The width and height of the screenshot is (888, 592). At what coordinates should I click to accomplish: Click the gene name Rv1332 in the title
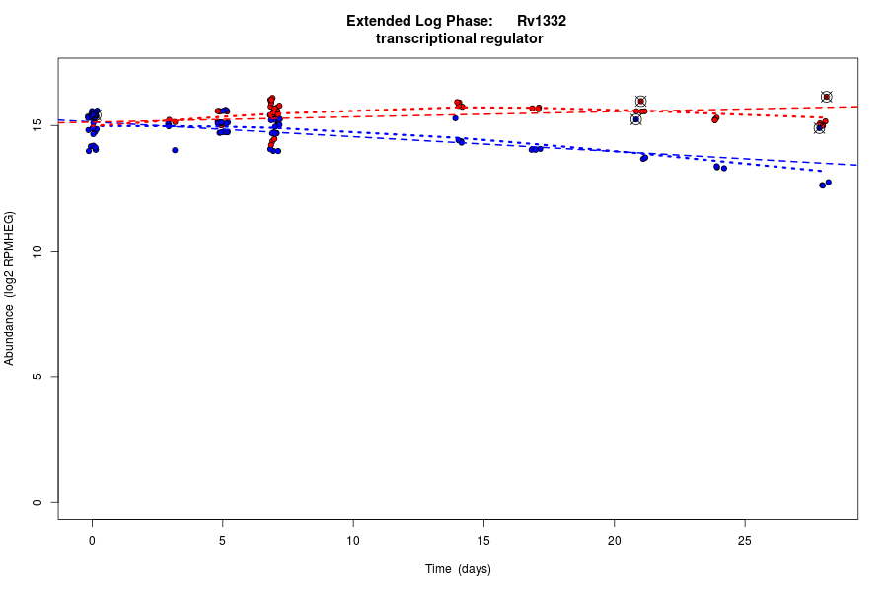(x=541, y=21)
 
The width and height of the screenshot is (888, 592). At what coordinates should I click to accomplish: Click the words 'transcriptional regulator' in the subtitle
(x=459, y=39)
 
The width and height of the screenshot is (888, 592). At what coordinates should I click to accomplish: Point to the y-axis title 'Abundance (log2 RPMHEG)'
(x=10, y=288)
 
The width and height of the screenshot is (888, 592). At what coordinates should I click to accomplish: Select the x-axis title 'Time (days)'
(x=458, y=569)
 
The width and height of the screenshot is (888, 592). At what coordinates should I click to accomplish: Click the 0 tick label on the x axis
(x=92, y=541)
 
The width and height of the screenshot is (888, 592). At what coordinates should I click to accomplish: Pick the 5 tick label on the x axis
(x=222, y=541)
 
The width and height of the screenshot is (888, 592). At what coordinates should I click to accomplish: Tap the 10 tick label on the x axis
(x=353, y=541)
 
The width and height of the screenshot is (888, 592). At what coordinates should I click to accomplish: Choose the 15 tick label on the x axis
(x=483, y=541)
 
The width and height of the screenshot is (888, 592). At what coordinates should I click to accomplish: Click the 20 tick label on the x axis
(x=614, y=541)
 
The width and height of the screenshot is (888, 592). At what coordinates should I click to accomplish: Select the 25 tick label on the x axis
(x=745, y=541)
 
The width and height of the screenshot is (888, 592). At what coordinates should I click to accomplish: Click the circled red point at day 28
(x=827, y=97)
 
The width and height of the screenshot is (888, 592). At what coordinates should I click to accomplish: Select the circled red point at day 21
(x=640, y=101)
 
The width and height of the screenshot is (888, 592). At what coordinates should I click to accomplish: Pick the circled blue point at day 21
(x=636, y=119)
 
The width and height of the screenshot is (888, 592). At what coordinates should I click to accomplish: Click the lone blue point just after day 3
(x=175, y=150)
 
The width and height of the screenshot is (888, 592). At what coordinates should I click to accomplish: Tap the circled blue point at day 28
(x=819, y=128)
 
